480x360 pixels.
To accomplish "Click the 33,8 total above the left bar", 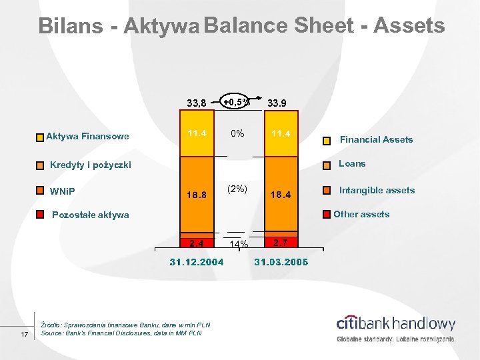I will pos(197,103).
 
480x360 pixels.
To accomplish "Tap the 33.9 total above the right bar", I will pos(277,103).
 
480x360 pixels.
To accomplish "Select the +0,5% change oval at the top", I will pos(236,101).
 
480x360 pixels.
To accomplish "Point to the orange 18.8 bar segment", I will pos(197,195).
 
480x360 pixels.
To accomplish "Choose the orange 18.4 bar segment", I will pos(281,195).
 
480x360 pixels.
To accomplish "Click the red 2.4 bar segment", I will pos(197,243).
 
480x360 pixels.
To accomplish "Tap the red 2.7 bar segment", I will pos(281,242).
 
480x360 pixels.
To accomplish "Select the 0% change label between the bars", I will pos(237,133).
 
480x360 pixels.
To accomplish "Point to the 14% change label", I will pos(237,245).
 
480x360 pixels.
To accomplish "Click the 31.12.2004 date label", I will pos(196,262).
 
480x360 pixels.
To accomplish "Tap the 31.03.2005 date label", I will pos(281,262).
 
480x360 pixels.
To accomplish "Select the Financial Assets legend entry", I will pos(376,139).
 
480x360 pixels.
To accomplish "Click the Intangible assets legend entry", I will pos(377,190).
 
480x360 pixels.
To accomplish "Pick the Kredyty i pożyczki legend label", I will pos(91,165).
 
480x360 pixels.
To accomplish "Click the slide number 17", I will pos(24,333).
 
